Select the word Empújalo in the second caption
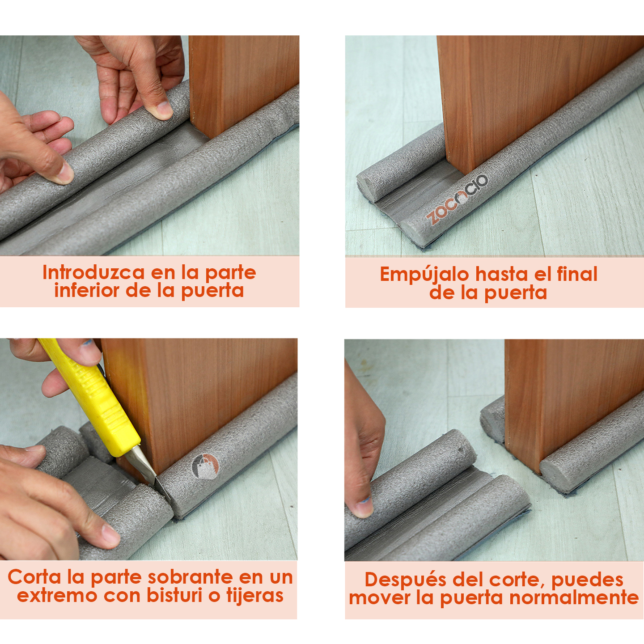pyautogui.click(x=424, y=275)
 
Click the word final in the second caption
pyautogui.click(x=577, y=274)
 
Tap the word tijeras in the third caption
pyautogui.click(x=254, y=596)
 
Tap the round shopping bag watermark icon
pyautogui.click(x=205, y=466)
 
